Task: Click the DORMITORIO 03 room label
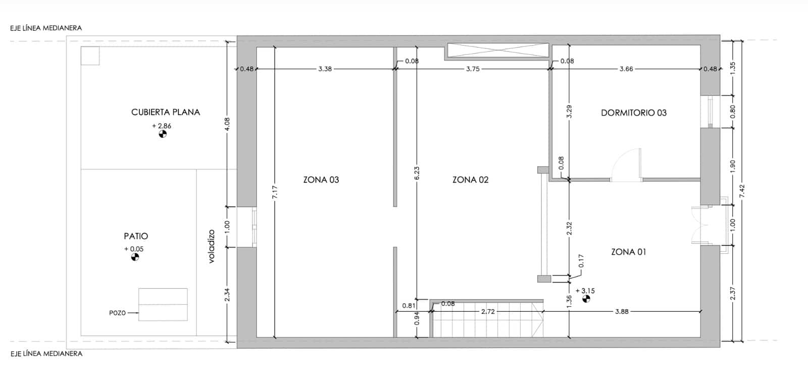coord(633,113)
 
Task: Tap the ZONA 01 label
coord(628,252)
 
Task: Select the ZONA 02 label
coord(470,180)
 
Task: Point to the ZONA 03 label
coord(321,180)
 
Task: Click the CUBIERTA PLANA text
coord(166,112)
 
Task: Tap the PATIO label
coord(136,236)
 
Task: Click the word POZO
coord(117,313)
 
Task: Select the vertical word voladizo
coord(212,246)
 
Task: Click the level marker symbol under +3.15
coord(586,299)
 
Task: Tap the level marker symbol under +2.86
coord(162,134)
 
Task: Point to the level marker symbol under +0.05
coord(135,257)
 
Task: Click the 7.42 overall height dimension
coord(742,191)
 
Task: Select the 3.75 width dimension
coord(473,69)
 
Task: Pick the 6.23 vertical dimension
coord(417,173)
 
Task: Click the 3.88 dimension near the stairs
coord(622,312)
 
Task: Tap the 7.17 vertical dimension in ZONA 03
coord(275,192)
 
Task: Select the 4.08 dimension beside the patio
coord(227,124)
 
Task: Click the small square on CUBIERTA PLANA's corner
coord(90,56)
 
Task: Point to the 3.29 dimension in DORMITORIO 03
coord(569,112)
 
